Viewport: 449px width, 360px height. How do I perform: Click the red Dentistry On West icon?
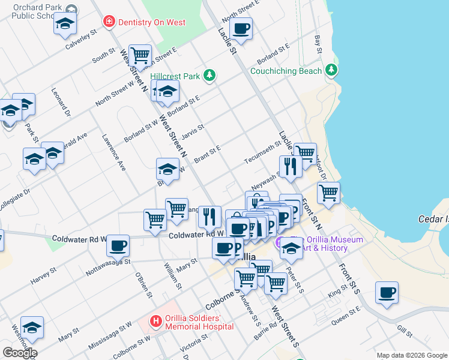pos(109,22)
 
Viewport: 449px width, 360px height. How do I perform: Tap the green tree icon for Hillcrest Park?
pos(209,76)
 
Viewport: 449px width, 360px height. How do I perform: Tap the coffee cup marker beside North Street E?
pos(241,29)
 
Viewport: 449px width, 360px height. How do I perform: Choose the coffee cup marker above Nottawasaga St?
pos(118,245)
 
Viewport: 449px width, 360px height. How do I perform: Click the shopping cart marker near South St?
pos(140,55)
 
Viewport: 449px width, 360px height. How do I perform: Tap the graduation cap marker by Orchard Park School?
pos(65,25)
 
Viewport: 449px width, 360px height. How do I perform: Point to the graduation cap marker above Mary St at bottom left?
pos(32,327)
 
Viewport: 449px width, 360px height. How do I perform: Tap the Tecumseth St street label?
pos(262,153)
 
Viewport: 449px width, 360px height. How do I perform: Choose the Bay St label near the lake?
pos(318,44)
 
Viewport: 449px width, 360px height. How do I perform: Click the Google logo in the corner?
pos(20,352)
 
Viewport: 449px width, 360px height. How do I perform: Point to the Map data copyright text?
pos(411,355)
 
